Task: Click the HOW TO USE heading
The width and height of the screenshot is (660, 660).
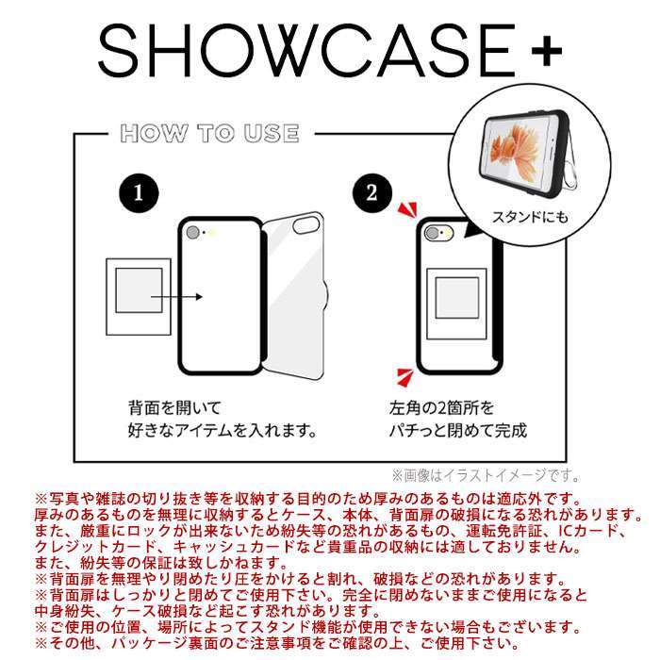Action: point(209,133)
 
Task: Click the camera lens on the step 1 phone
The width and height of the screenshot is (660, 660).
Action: point(194,233)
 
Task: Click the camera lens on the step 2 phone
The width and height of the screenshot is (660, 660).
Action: point(435,233)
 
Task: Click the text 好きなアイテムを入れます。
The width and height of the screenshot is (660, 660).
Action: point(221,431)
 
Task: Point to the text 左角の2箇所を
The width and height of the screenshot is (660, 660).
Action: point(441,409)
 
